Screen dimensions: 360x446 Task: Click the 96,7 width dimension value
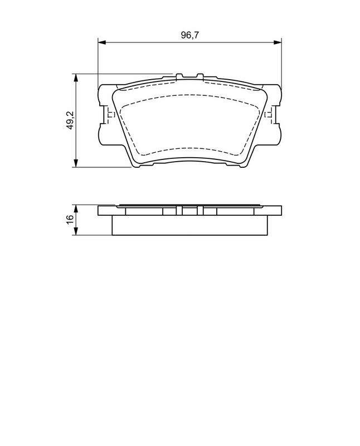coord(190,35)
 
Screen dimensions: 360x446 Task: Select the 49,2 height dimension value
coord(70,120)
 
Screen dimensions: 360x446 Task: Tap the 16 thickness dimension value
coord(70,219)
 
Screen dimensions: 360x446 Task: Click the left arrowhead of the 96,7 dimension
coord(102,42)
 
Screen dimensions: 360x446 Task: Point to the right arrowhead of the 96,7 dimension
coord(278,42)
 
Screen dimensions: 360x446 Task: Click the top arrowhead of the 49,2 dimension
coord(76,78)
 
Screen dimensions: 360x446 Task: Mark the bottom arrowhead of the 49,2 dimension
coord(76,163)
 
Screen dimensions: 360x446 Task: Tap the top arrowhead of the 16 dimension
coord(76,209)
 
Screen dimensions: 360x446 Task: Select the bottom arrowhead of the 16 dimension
coord(76,231)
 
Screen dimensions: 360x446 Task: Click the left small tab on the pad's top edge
coord(179,76)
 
